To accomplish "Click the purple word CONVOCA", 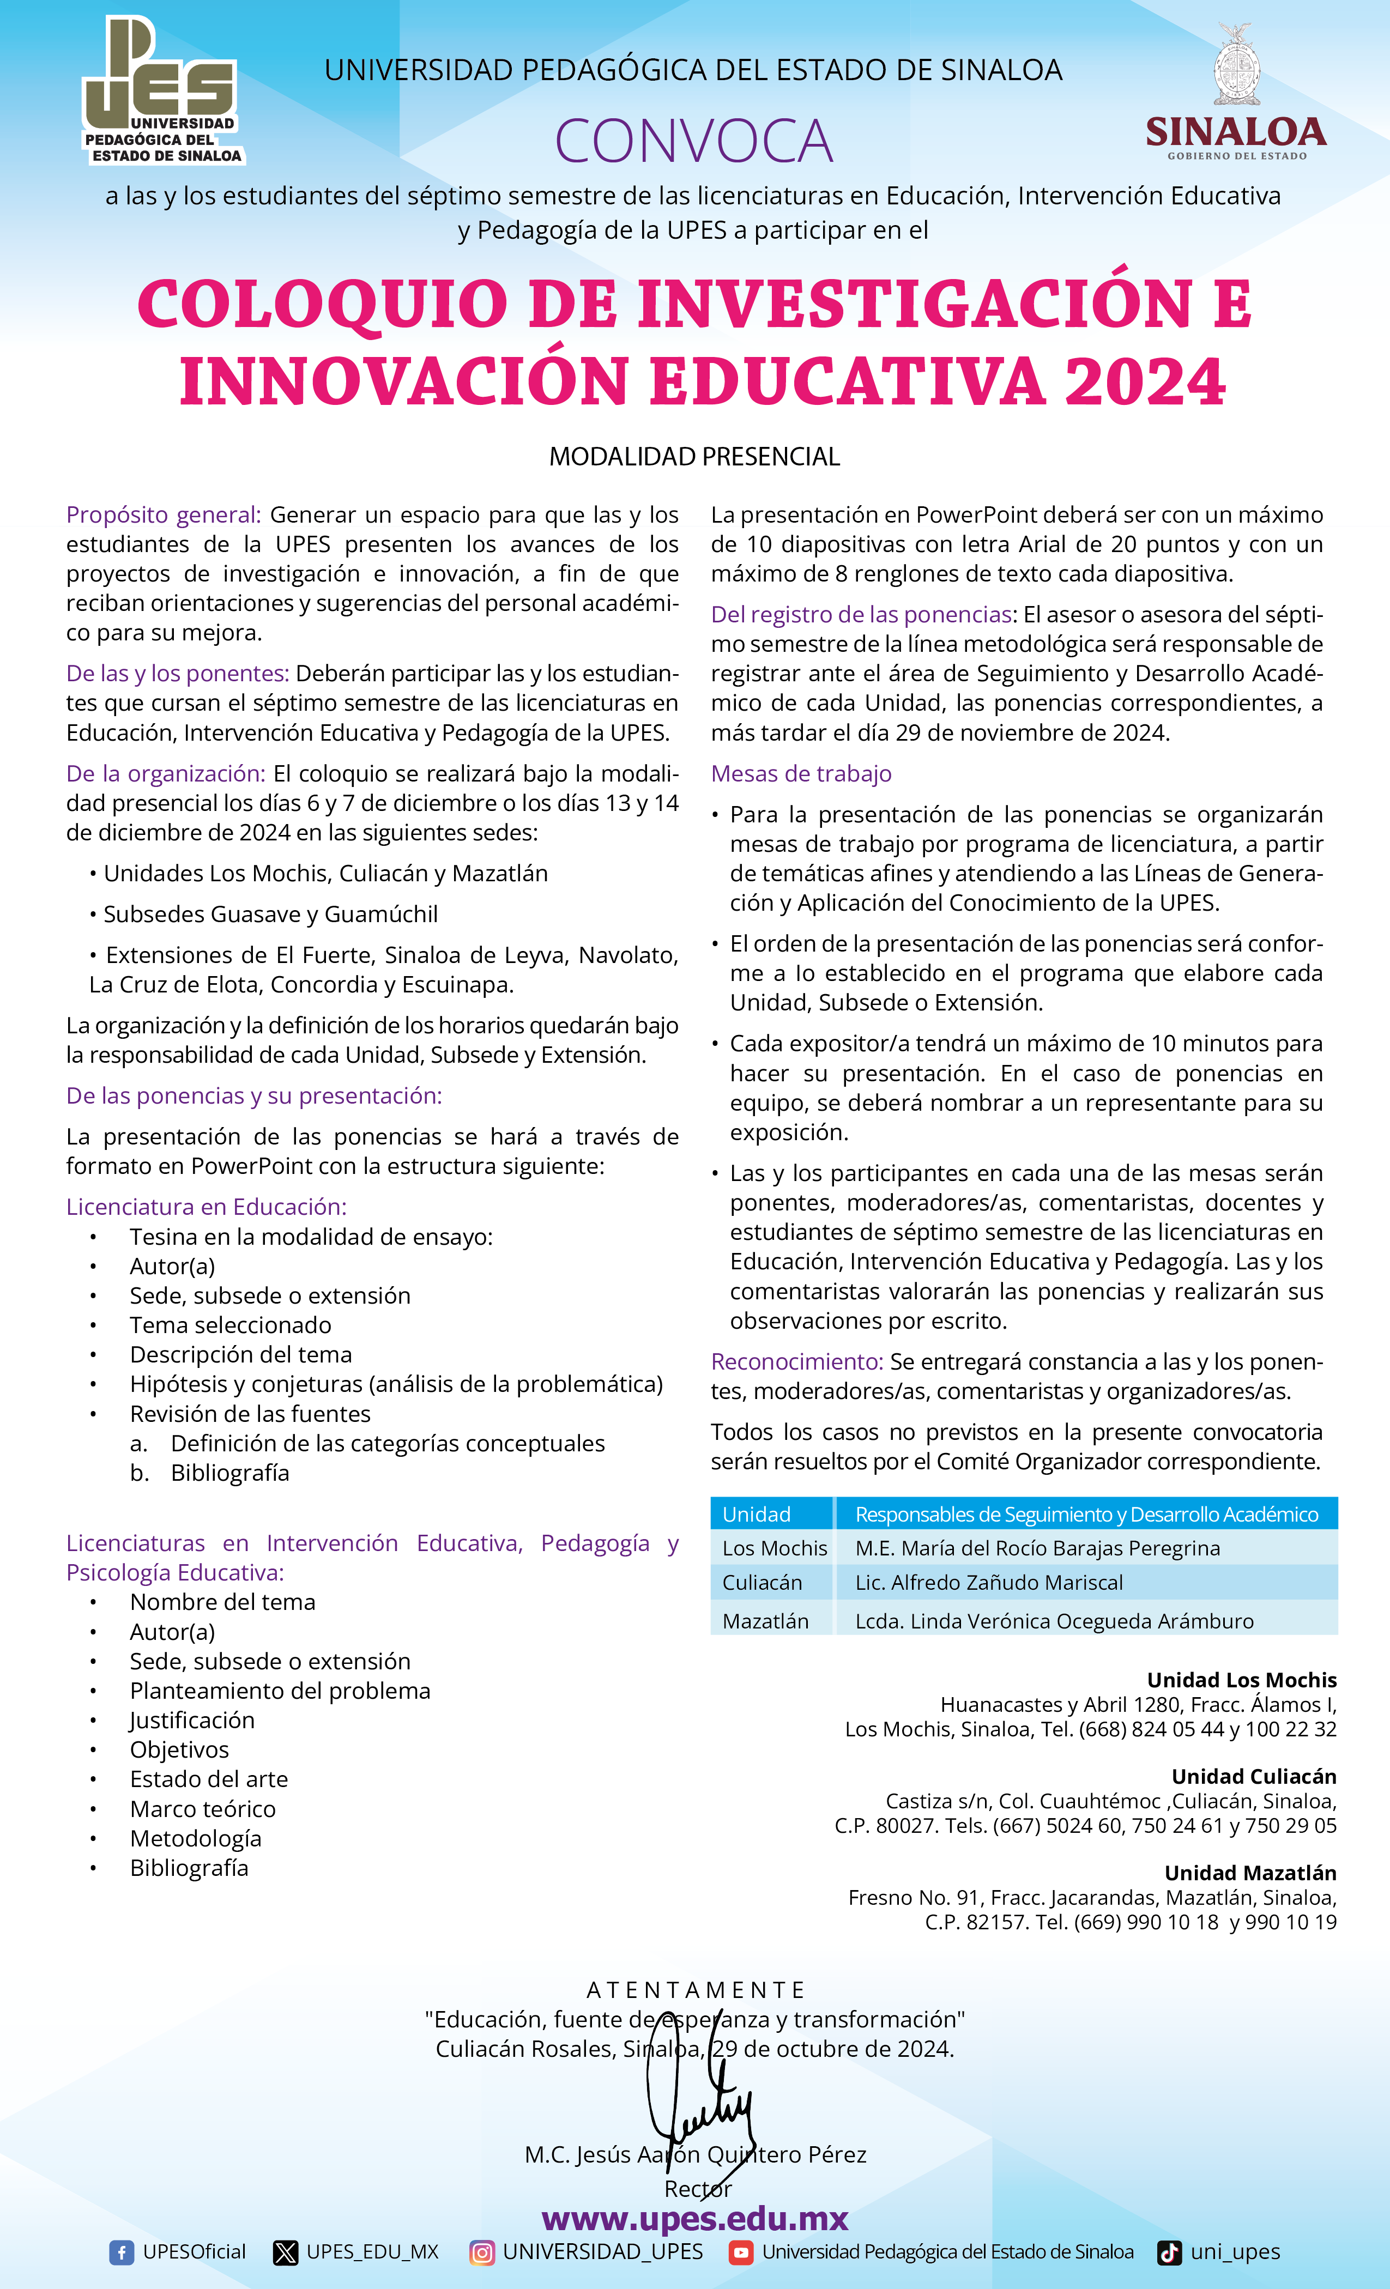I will pyautogui.click(x=693, y=141).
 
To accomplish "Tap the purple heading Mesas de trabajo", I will pyautogui.click(x=801, y=774).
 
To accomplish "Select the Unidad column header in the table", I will pyautogui.click(x=757, y=1514).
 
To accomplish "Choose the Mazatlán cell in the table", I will pyautogui.click(x=766, y=1621).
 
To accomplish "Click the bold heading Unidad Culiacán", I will pyautogui.click(x=1253, y=1776).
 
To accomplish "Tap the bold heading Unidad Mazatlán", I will pyautogui.click(x=1250, y=1873).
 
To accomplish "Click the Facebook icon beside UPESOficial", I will pyautogui.click(x=121, y=2252).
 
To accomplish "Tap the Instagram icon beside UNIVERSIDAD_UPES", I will pyautogui.click(x=481, y=2252).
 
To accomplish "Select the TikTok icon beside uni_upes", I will pyautogui.click(x=1169, y=2252).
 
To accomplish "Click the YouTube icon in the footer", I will pyautogui.click(x=741, y=2252).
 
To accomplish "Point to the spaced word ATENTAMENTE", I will pyautogui.click(x=695, y=1990).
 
